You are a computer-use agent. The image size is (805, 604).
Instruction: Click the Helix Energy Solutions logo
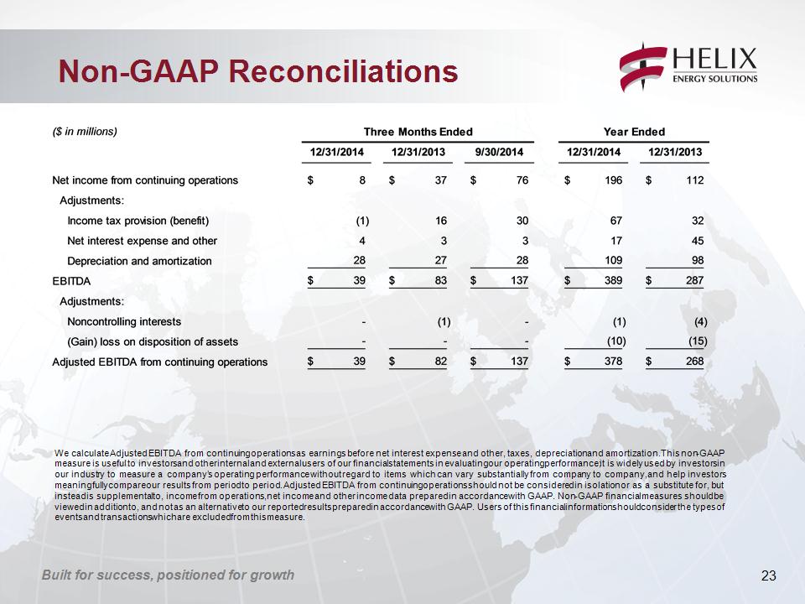pyautogui.click(x=688, y=68)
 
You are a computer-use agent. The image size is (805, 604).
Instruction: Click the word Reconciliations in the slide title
pyautogui.click(x=343, y=70)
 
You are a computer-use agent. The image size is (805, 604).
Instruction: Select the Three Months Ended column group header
pyautogui.click(x=418, y=132)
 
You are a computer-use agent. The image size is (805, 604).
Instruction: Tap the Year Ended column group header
pyautogui.click(x=634, y=132)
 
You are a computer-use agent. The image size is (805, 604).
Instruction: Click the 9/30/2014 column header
pyautogui.click(x=499, y=152)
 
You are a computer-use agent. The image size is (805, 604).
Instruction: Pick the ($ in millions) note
pyautogui.click(x=85, y=132)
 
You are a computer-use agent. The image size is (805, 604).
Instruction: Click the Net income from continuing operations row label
pyautogui.click(x=145, y=180)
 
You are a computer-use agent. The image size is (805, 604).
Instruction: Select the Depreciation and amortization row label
pyautogui.click(x=140, y=261)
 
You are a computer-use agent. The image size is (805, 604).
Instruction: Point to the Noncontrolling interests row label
pyautogui.click(x=124, y=321)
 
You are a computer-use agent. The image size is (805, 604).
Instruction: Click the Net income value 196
pyautogui.click(x=614, y=180)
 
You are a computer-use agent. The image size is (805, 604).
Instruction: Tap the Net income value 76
pyautogui.click(x=522, y=180)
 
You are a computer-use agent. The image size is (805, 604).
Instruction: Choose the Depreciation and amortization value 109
pyautogui.click(x=614, y=260)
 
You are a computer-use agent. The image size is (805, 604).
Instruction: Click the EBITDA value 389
pyautogui.click(x=614, y=280)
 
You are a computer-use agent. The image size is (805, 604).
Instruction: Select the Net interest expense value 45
pyautogui.click(x=697, y=241)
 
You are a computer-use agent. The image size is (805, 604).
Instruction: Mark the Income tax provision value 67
pyautogui.click(x=616, y=221)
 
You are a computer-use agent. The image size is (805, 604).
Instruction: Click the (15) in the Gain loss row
pyautogui.click(x=698, y=341)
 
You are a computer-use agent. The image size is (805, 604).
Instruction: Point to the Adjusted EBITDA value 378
pyautogui.click(x=614, y=362)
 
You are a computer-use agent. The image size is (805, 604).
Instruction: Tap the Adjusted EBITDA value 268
pyautogui.click(x=694, y=362)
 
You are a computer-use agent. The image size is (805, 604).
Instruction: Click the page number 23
pyautogui.click(x=769, y=575)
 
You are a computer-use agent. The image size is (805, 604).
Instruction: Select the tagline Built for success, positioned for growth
pyautogui.click(x=168, y=575)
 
